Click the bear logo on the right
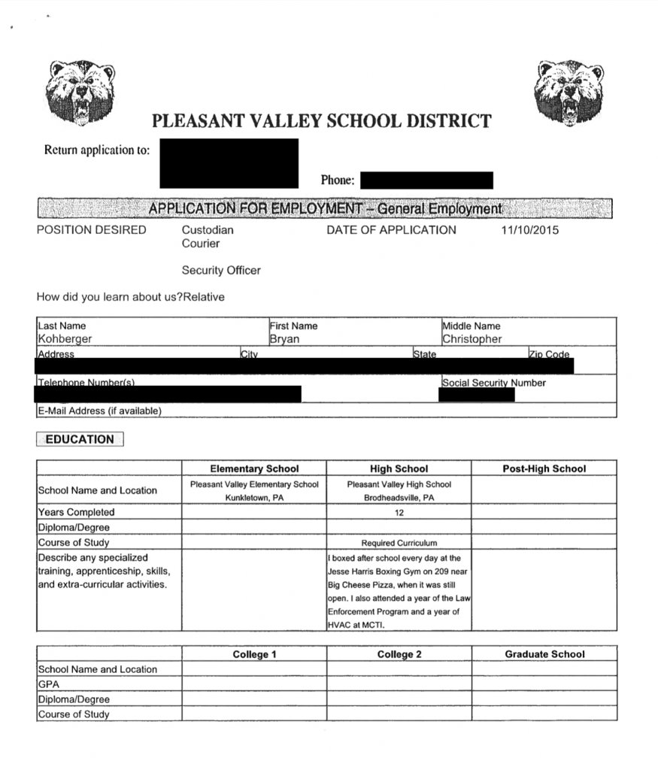pyautogui.click(x=569, y=92)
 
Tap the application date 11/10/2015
pyautogui.click(x=530, y=230)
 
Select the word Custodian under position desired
pyautogui.click(x=208, y=230)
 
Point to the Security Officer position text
pyautogui.click(x=221, y=271)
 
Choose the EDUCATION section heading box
pyautogui.click(x=80, y=440)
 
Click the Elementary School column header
pyautogui.click(x=254, y=468)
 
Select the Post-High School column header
pyautogui.click(x=544, y=468)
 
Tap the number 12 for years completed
pyautogui.click(x=399, y=512)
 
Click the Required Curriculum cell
pyautogui.click(x=399, y=542)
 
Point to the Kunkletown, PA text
pyautogui.click(x=254, y=498)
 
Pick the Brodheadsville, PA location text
pyautogui.click(x=399, y=498)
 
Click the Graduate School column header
pyautogui.click(x=544, y=654)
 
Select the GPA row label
pyautogui.click(x=48, y=684)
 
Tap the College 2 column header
pyautogui.click(x=399, y=654)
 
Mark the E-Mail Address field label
pyautogui.click(x=99, y=411)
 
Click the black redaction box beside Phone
pyautogui.click(x=426, y=180)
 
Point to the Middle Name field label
pyautogui.click(x=472, y=326)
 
